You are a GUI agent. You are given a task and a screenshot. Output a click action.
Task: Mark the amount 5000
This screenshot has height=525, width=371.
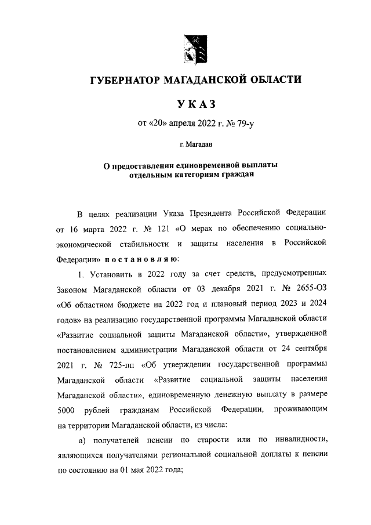[69, 410]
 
